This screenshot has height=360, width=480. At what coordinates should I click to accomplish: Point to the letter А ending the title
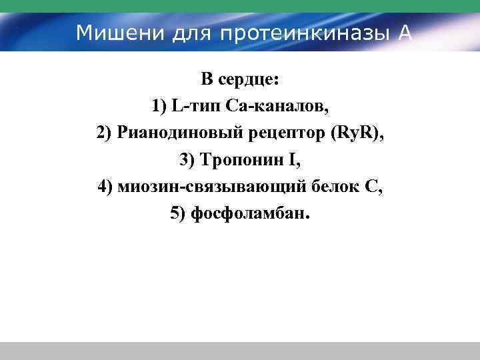404,33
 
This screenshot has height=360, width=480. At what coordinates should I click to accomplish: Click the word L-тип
196,107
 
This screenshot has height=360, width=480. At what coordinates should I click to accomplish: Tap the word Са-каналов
278,107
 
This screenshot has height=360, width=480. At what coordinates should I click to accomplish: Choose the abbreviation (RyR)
358,133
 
